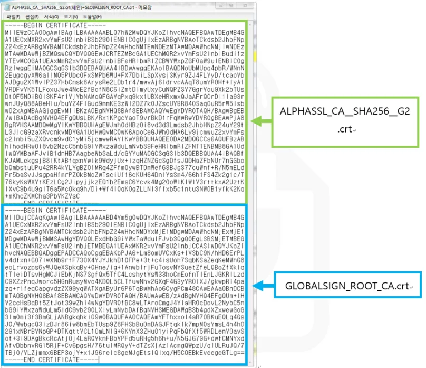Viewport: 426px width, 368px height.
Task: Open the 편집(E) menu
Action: [32, 16]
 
